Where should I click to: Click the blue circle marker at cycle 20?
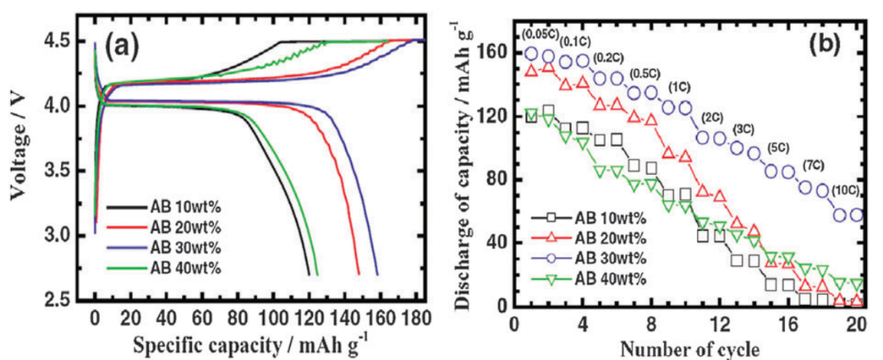(x=857, y=215)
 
